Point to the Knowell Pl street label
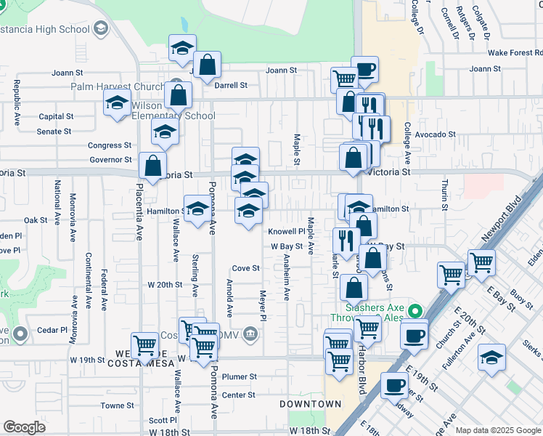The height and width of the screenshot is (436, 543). point(285,232)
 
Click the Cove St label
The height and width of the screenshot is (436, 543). point(245,268)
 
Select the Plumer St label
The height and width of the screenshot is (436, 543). point(240,377)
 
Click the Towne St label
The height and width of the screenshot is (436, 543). point(118,405)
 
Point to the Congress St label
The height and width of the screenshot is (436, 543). point(110,145)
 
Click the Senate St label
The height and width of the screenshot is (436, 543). point(54,132)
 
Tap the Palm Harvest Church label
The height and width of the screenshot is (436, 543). point(118,87)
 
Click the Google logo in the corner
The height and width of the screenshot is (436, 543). point(24,427)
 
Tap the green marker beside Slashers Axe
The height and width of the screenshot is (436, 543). point(415,312)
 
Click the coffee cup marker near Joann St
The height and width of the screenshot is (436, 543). point(365,70)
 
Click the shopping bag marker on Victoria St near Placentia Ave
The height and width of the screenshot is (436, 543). point(153,165)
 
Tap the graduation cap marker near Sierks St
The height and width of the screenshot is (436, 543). point(491,358)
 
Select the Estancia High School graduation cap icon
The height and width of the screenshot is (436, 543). point(100,30)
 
